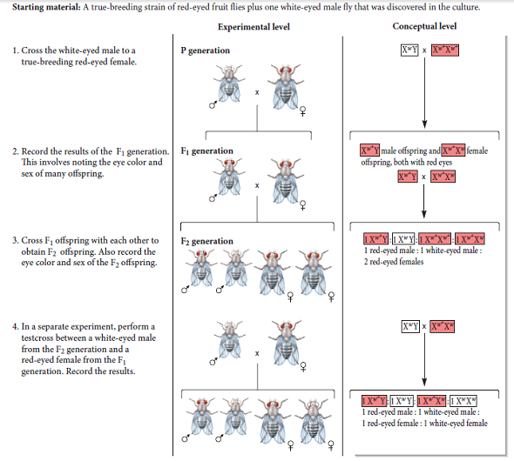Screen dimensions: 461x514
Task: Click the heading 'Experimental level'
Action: point(254,27)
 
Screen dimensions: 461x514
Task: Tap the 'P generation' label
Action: point(206,50)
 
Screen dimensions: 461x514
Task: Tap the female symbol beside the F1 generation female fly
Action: point(301,207)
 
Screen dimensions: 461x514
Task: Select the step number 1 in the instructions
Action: point(15,50)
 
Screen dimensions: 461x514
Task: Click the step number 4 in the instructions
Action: point(15,326)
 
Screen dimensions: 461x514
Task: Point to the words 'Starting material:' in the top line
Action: point(44,7)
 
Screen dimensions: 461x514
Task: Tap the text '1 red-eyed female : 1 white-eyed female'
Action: point(424,423)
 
